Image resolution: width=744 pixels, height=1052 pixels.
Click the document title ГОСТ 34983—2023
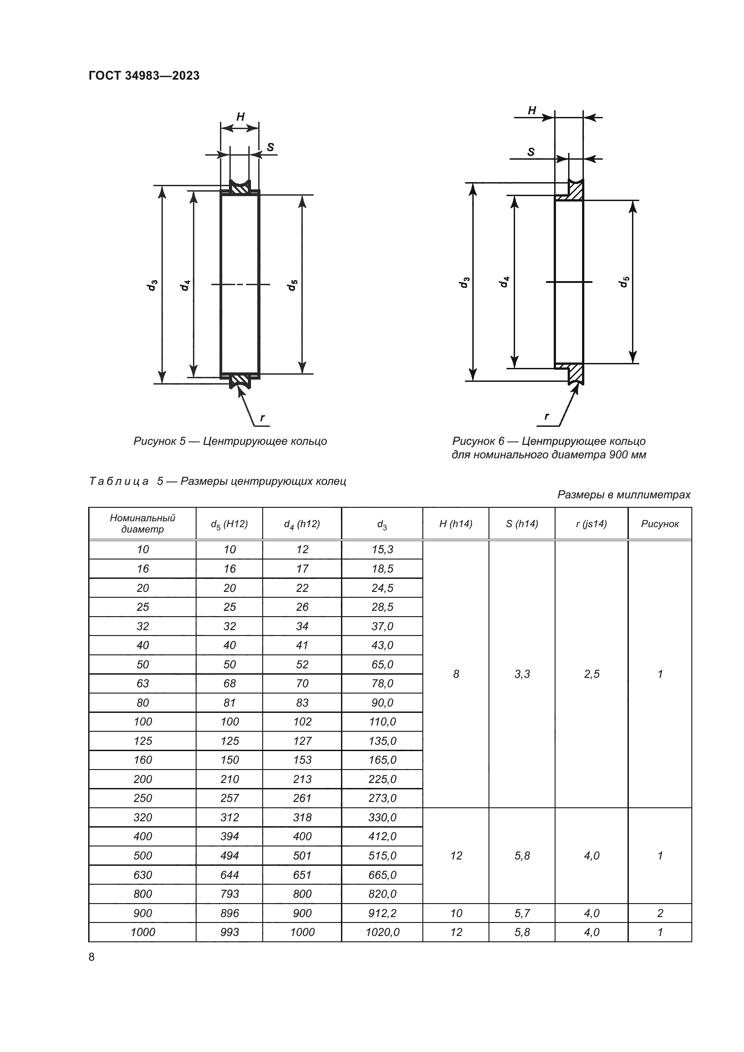point(144,76)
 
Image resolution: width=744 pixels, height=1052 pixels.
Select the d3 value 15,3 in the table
point(382,549)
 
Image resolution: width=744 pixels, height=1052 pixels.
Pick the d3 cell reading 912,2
point(382,913)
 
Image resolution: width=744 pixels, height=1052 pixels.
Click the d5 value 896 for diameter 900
point(229,913)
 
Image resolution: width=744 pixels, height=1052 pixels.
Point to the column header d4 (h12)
point(302,524)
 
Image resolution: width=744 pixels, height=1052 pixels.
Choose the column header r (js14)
point(592,524)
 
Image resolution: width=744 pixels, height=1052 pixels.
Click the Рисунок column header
point(660,524)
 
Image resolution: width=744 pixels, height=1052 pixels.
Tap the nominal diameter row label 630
point(143,875)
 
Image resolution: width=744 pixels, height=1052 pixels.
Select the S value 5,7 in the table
point(522,913)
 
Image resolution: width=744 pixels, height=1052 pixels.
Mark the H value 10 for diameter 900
point(456,913)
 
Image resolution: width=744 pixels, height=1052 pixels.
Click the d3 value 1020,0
point(382,932)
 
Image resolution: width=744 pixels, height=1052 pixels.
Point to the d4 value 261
point(302,798)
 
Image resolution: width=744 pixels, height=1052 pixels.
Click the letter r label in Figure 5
point(263,417)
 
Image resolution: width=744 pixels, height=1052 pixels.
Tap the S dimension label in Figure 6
point(531,152)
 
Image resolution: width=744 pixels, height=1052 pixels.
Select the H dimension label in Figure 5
point(240,117)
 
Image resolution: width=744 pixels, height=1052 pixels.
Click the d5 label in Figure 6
point(624,282)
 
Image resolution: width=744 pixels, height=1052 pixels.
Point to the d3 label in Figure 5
point(152,285)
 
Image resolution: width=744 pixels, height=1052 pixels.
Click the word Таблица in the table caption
point(119,481)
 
